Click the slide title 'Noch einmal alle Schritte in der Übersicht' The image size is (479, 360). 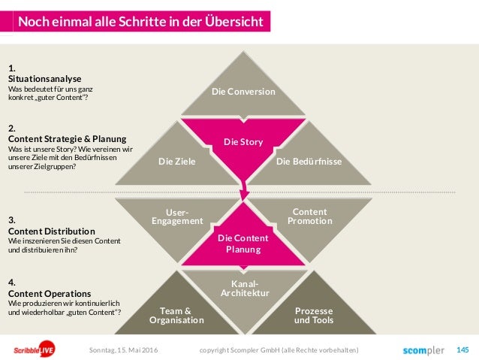(x=140, y=21)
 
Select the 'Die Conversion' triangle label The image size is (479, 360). (x=243, y=92)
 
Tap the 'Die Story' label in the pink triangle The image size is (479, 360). (x=243, y=141)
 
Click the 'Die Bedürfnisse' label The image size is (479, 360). (x=309, y=161)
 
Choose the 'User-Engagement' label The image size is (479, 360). (x=177, y=217)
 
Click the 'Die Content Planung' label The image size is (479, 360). (x=243, y=244)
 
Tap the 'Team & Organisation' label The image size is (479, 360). (x=176, y=315)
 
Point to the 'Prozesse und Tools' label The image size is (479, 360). (x=313, y=315)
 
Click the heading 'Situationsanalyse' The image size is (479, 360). (x=44, y=78)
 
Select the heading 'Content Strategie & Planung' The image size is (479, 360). (x=66, y=138)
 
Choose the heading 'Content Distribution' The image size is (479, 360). (x=51, y=230)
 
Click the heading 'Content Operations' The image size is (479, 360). (x=49, y=293)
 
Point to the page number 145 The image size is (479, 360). (x=462, y=349)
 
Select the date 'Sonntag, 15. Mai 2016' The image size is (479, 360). (x=124, y=350)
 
